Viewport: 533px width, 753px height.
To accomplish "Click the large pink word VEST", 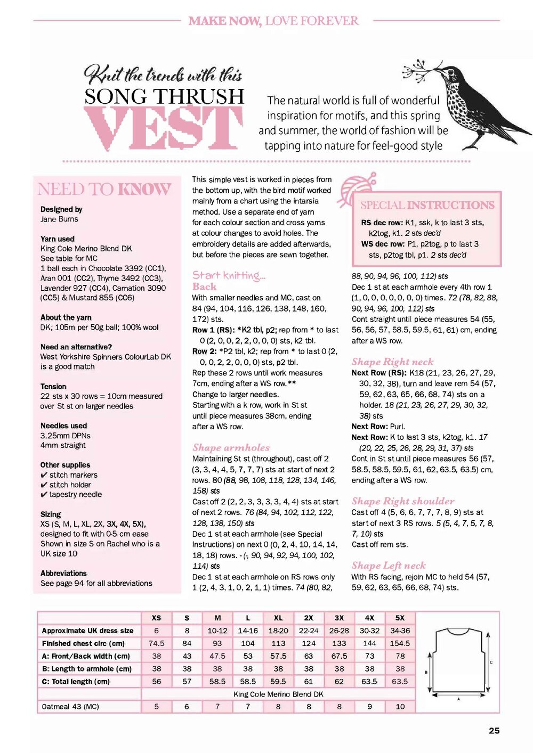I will [163, 127].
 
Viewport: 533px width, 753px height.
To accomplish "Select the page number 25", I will [494, 731].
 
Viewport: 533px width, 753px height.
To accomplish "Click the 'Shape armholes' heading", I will [231, 448].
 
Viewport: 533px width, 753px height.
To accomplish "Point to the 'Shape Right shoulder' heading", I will [402, 501].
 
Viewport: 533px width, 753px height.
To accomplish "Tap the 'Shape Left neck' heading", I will [388, 566].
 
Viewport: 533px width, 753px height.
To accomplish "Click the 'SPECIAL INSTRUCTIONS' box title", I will [427, 205].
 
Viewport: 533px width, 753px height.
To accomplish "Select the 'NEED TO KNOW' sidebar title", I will [104, 189].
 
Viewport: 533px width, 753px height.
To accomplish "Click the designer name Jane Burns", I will [59, 219].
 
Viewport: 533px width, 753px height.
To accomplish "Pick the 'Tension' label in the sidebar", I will [53, 386].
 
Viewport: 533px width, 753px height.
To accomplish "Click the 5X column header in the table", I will [400, 618].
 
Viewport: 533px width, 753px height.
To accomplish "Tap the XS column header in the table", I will [156, 618].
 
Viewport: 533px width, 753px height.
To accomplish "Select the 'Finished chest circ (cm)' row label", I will [83, 643].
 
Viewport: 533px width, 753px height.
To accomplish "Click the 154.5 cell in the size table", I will [400, 643].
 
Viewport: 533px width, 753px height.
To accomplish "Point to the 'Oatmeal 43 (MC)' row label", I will [70, 707].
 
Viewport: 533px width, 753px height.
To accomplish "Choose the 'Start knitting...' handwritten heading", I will [229, 275].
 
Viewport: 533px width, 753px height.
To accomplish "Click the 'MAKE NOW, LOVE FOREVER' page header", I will [273, 21].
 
